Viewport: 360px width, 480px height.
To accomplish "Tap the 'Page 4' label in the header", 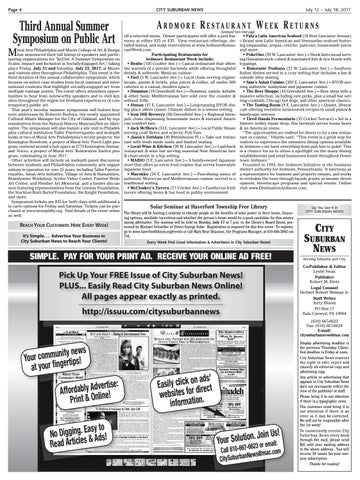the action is click(15, 7).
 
